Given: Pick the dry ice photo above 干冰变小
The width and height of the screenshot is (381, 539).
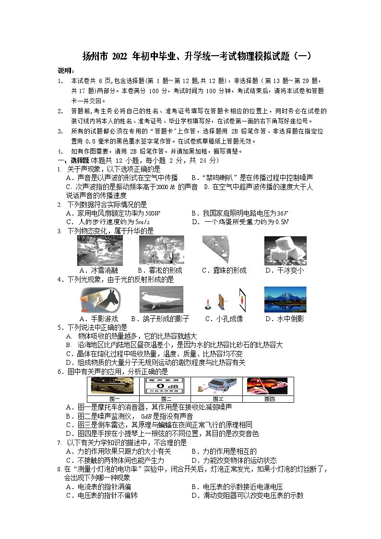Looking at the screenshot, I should click(x=285, y=251).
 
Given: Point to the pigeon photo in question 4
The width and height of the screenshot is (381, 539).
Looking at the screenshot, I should click(x=161, y=300).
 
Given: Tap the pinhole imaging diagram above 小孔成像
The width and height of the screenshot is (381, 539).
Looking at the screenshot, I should click(x=224, y=300).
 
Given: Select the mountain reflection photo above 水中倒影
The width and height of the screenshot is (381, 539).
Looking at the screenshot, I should click(x=285, y=300).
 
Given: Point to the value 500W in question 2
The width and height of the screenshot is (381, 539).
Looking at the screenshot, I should click(x=152, y=213).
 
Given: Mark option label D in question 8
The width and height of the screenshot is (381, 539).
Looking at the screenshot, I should click(x=194, y=496).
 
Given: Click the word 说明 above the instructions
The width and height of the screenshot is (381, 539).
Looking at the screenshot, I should click(x=65, y=71).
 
